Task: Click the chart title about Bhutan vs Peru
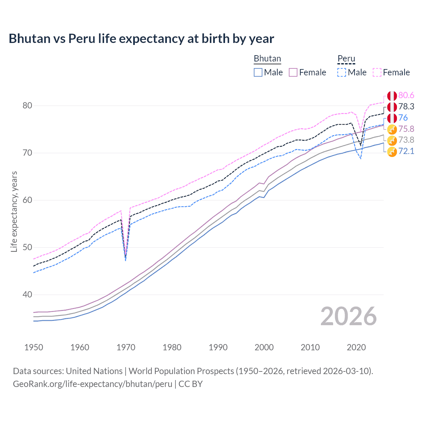click(141, 39)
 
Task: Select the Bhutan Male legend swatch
click(258, 72)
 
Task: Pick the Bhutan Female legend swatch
click(293, 72)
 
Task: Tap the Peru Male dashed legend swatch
click(342, 72)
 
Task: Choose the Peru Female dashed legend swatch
click(377, 72)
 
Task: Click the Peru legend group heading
click(346, 59)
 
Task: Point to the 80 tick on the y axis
click(27, 106)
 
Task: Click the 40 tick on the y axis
click(27, 294)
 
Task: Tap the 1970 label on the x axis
click(126, 347)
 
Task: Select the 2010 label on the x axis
click(310, 347)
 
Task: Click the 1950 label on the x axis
click(34, 347)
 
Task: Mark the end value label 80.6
click(406, 96)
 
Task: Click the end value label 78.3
click(406, 106)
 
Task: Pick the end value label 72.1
click(406, 151)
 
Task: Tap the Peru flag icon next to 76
click(392, 118)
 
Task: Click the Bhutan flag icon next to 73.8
click(392, 140)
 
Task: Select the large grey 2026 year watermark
click(348, 316)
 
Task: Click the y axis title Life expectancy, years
click(14, 211)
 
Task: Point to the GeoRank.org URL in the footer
click(93, 384)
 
